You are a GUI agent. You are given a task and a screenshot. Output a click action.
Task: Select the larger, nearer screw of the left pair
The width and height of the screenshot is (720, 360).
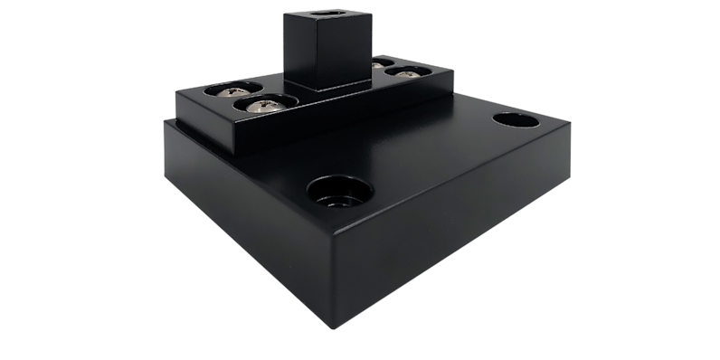click(260, 105)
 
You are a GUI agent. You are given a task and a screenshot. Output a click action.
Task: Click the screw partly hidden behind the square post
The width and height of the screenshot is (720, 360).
click(378, 64)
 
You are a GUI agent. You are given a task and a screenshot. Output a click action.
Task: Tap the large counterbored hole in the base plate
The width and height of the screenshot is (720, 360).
click(339, 191)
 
